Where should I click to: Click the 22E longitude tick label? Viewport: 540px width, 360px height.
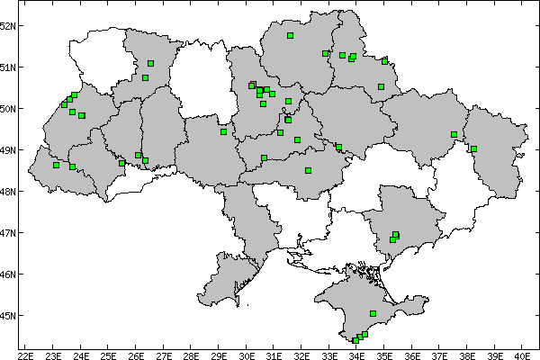pos(26,355)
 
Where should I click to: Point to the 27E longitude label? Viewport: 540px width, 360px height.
pos(164,355)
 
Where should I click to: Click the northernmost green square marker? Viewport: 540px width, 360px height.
pos(291,36)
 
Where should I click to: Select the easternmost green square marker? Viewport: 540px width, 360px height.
pos(473,148)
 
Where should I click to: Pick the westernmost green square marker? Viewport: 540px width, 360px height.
pos(56,165)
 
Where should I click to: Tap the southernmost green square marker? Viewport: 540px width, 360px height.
pos(355,340)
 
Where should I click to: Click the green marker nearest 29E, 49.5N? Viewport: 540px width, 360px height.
pos(223,131)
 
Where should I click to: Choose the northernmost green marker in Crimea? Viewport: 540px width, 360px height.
pos(373,313)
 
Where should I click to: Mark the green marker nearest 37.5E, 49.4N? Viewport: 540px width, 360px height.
pos(454,134)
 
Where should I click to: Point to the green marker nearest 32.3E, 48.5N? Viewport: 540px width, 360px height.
pos(308,170)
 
